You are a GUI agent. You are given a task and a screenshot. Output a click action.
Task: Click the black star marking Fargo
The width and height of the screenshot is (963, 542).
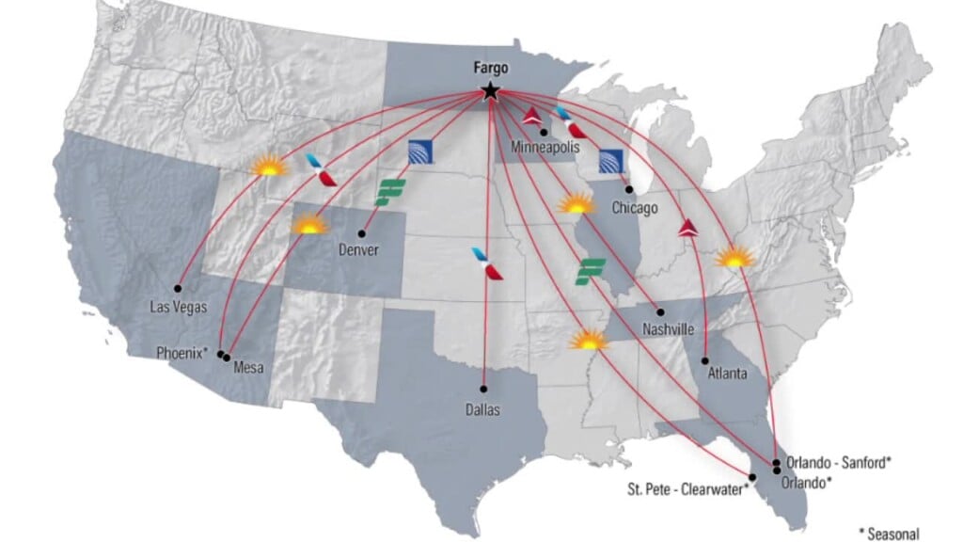489,91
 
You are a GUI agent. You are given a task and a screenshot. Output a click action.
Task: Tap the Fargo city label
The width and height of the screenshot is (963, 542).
489,69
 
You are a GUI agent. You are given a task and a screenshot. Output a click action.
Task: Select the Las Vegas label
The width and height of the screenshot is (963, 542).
179,306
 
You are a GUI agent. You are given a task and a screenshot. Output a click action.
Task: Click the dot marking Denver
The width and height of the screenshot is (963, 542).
362,234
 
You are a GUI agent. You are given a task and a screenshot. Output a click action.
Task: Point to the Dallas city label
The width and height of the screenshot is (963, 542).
483,410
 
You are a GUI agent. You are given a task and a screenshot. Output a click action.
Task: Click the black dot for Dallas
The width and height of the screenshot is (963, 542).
483,388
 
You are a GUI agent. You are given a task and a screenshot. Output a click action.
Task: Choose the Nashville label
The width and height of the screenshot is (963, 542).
669,329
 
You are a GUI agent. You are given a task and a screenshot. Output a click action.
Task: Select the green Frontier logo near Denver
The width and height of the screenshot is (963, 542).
389,192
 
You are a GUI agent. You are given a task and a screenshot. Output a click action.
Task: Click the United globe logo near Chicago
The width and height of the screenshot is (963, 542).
611,161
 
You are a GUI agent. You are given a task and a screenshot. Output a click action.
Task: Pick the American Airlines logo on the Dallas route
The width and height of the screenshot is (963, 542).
487,263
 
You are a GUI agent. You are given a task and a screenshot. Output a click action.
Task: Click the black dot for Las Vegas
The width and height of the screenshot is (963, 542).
178,288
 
